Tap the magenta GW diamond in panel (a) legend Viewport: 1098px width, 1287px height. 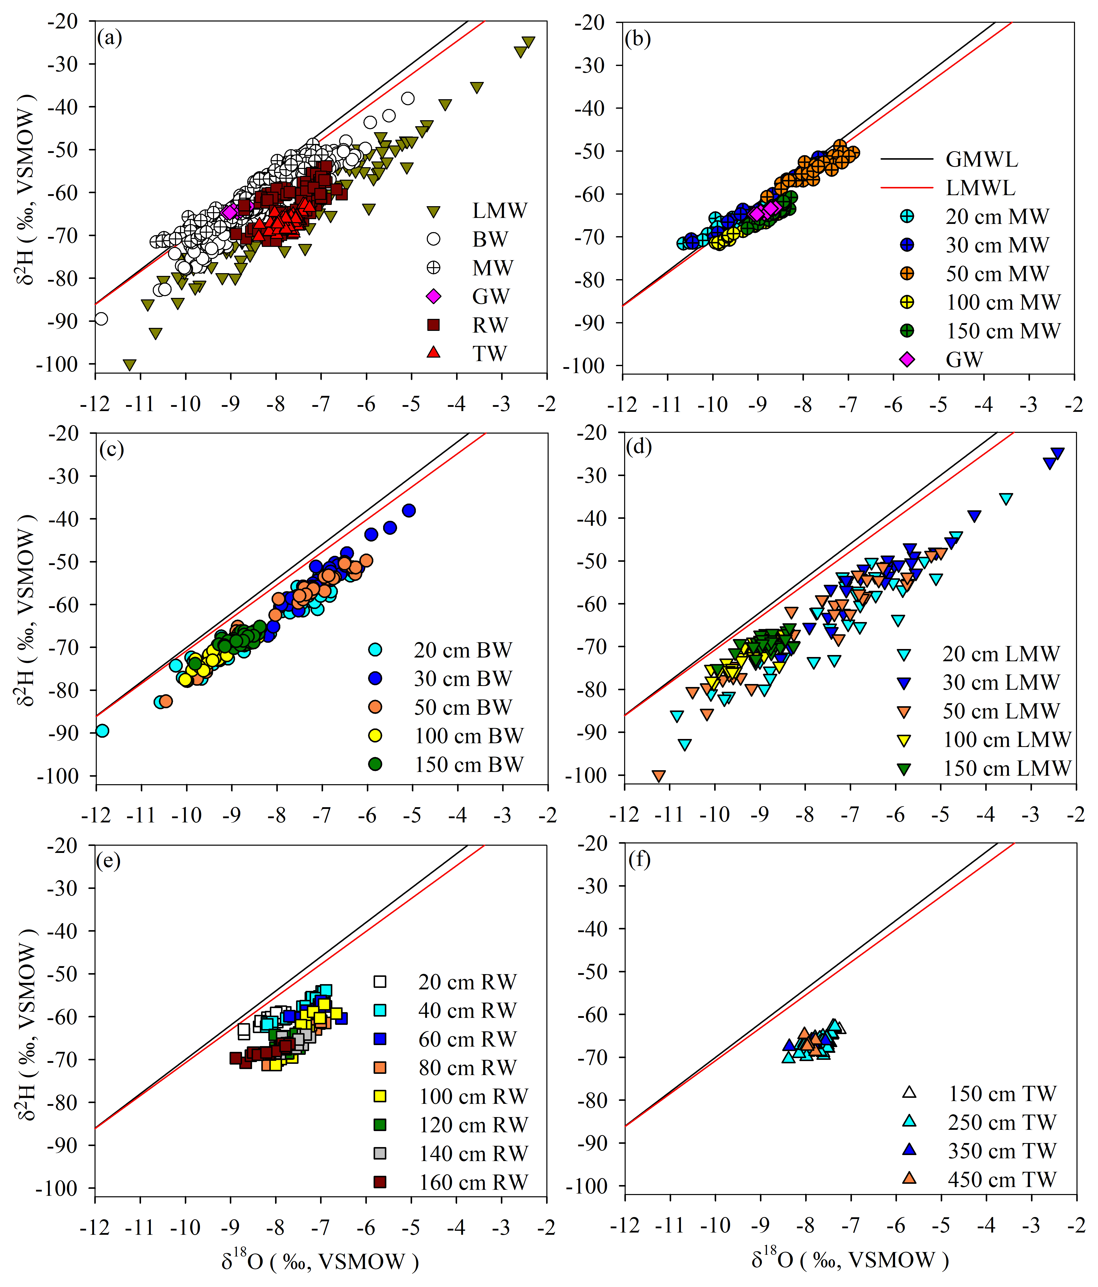(434, 296)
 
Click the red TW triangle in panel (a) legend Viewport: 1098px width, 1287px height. (434, 352)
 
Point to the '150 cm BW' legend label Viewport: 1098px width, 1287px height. (469, 764)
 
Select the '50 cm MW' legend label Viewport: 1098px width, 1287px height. (997, 273)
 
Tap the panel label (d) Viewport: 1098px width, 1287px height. (639, 447)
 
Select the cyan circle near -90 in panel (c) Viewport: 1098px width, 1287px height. (103, 730)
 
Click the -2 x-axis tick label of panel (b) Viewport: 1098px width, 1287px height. (1074, 405)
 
